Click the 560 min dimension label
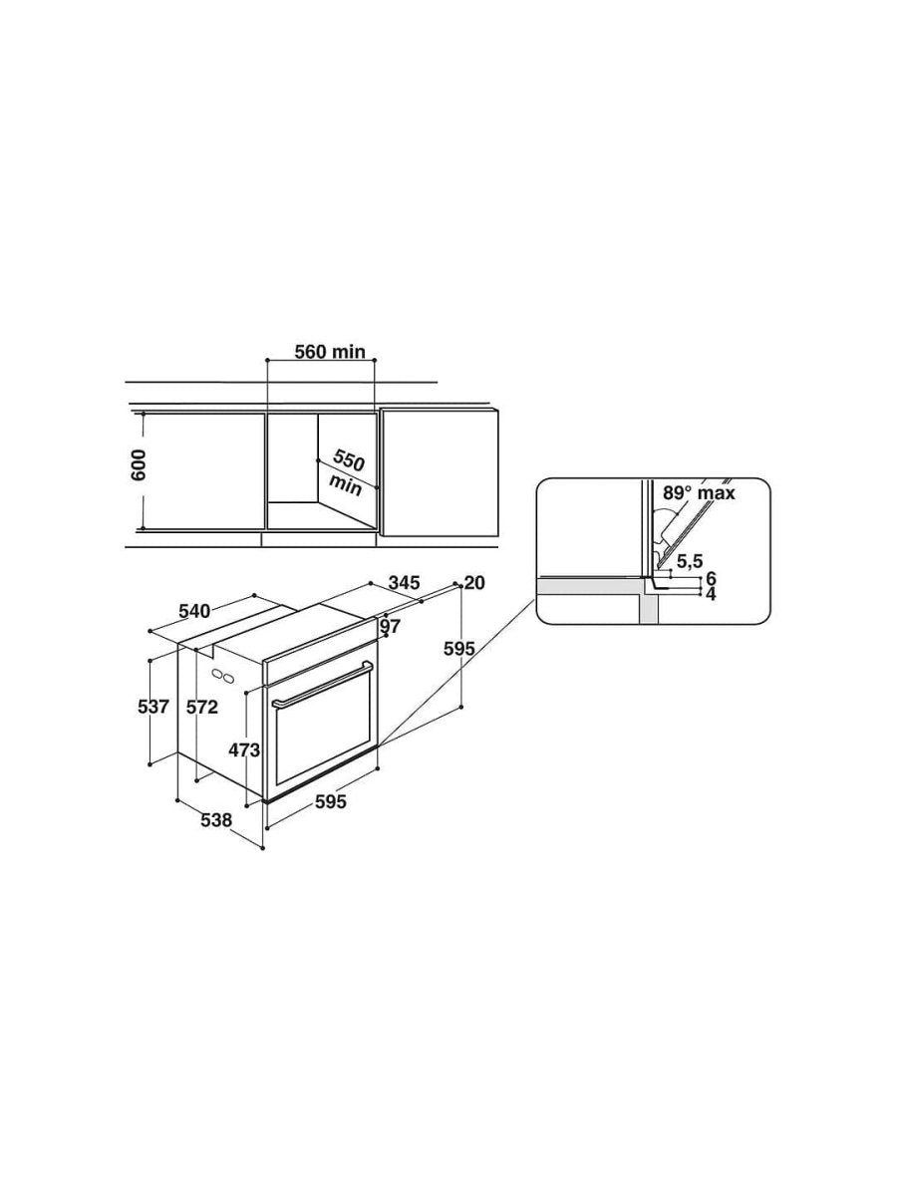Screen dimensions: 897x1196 (x=330, y=352)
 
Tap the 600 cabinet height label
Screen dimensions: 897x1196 (x=140, y=464)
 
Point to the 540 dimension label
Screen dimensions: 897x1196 (x=194, y=611)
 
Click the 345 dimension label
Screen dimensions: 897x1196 (x=404, y=582)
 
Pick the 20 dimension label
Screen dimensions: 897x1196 (x=474, y=582)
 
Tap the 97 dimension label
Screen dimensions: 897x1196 (x=390, y=626)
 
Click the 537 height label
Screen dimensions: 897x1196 (x=153, y=707)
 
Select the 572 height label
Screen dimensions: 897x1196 (x=202, y=707)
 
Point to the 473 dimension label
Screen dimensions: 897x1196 (x=244, y=750)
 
